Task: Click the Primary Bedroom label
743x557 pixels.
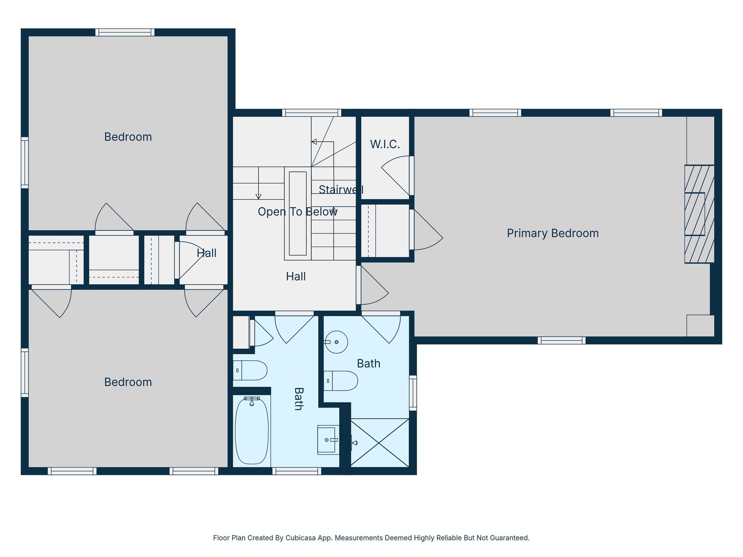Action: click(x=553, y=233)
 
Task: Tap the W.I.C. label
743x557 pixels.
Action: click(x=385, y=144)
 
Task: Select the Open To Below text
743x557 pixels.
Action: click(x=297, y=212)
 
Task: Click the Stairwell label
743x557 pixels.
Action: click(x=341, y=189)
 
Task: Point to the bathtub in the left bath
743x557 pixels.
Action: click(x=252, y=431)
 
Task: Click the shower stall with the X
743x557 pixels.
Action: click(x=379, y=443)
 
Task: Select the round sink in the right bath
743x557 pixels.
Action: click(x=336, y=342)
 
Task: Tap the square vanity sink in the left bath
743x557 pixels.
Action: click(x=327, y=440)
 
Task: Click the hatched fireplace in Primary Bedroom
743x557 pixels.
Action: click(x=699, y=214)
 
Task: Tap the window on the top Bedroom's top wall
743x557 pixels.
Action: click(x=125, y=32)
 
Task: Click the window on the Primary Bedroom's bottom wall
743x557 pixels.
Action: click(x=561, y=340)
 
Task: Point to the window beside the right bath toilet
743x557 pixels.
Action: click(x=413, y=393)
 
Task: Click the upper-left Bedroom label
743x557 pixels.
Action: click(x=128, y=137)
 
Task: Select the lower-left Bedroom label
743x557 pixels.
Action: click(x=128, y=382)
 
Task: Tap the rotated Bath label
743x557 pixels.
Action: click(x=298, y=399)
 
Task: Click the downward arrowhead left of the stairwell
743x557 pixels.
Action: click(x=258, y=197)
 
